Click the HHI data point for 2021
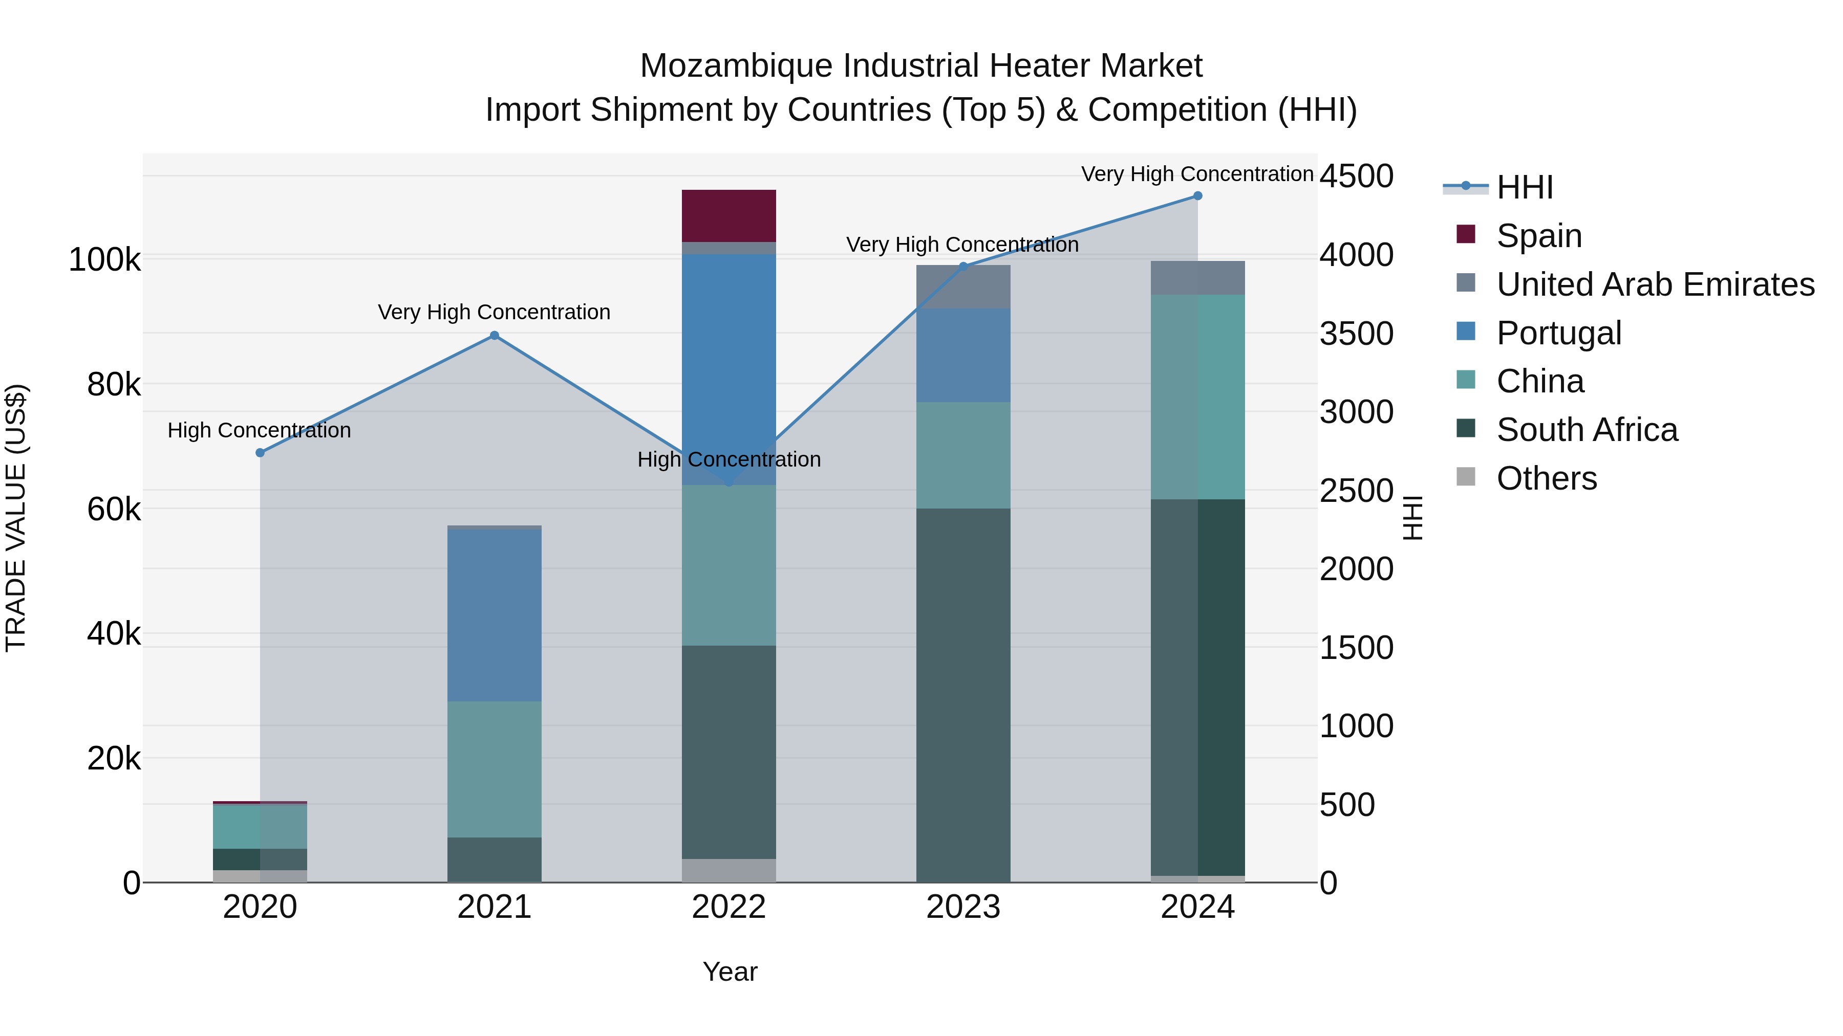pyautogui.click(x=495, y=335)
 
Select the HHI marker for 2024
pyautogui.click(x=1197, y=196)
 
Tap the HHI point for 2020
pyautogui.click(x=260, y=453)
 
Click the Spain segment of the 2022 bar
pyautogui.click(x=728, y=215)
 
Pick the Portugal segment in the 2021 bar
pyautogui.click(x=495, y=615)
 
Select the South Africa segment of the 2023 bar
pyautogui.click(x=963, y=695)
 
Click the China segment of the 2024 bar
pyautogui.click(x=1197, y=397)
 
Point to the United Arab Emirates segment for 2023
pyautogui.click(x=963, y=286)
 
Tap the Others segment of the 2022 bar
pyautogui.click(x=728, y=870)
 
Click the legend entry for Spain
pyautogui.click(x=1538, y=236)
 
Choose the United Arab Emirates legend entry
pyautogui.click(x=1655, y=284)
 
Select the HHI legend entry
pyautogui.click(x=1524, y=187)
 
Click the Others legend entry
pyautogui.click(x=1546, y=478)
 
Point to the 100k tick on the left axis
pyautogui.click(x=104, y=259)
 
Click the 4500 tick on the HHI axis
pyautogui.click(x=1357, y=176)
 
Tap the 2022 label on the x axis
pyautogui.click(x=728, y=907)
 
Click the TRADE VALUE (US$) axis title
pyautogui.click(x=16, y=518)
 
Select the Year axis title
pyautogui.click(x=730, y=972)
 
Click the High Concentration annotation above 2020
pyautogui.click(x=259, y=430)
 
